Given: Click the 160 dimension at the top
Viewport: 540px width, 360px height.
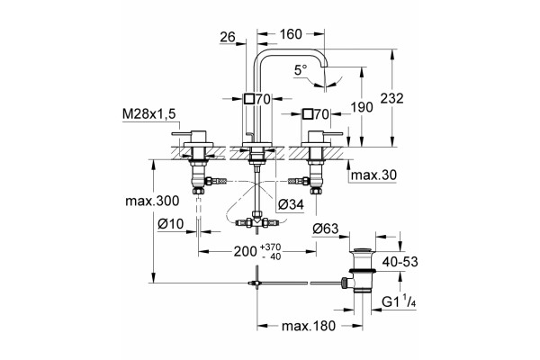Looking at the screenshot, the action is click(x=291, y=34).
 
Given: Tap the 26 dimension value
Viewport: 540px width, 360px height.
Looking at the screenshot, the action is click(x=228, y=37).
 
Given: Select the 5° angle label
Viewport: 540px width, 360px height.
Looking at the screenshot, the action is click(x=301, y=70).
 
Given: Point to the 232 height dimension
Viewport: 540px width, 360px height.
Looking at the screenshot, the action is click(x=391, y=98).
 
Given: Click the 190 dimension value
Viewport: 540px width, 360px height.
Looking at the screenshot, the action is click(x=362, y=107).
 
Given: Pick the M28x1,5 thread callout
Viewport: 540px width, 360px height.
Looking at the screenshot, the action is click(x=148, y=114).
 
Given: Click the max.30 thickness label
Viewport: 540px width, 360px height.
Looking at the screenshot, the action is click(x=373, y=175).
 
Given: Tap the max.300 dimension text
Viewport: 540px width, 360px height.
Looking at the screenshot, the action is click(x=152, y=201).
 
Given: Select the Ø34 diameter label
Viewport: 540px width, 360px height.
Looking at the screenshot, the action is click(x=291, y=204).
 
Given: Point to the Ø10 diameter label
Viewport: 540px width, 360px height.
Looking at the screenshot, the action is click(x=171, y=224).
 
